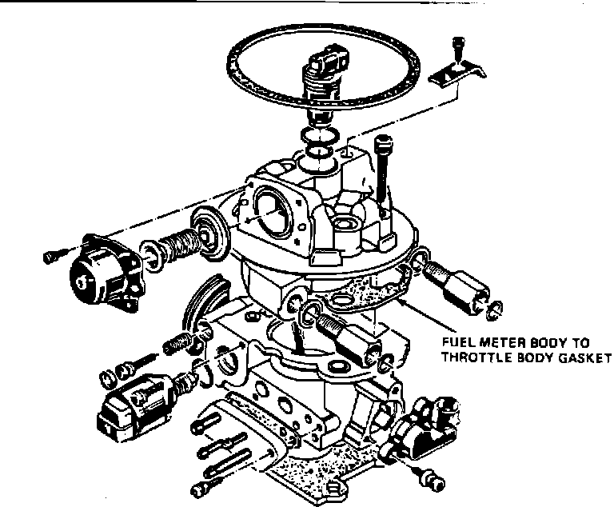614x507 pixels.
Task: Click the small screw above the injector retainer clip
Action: point(457,46)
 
